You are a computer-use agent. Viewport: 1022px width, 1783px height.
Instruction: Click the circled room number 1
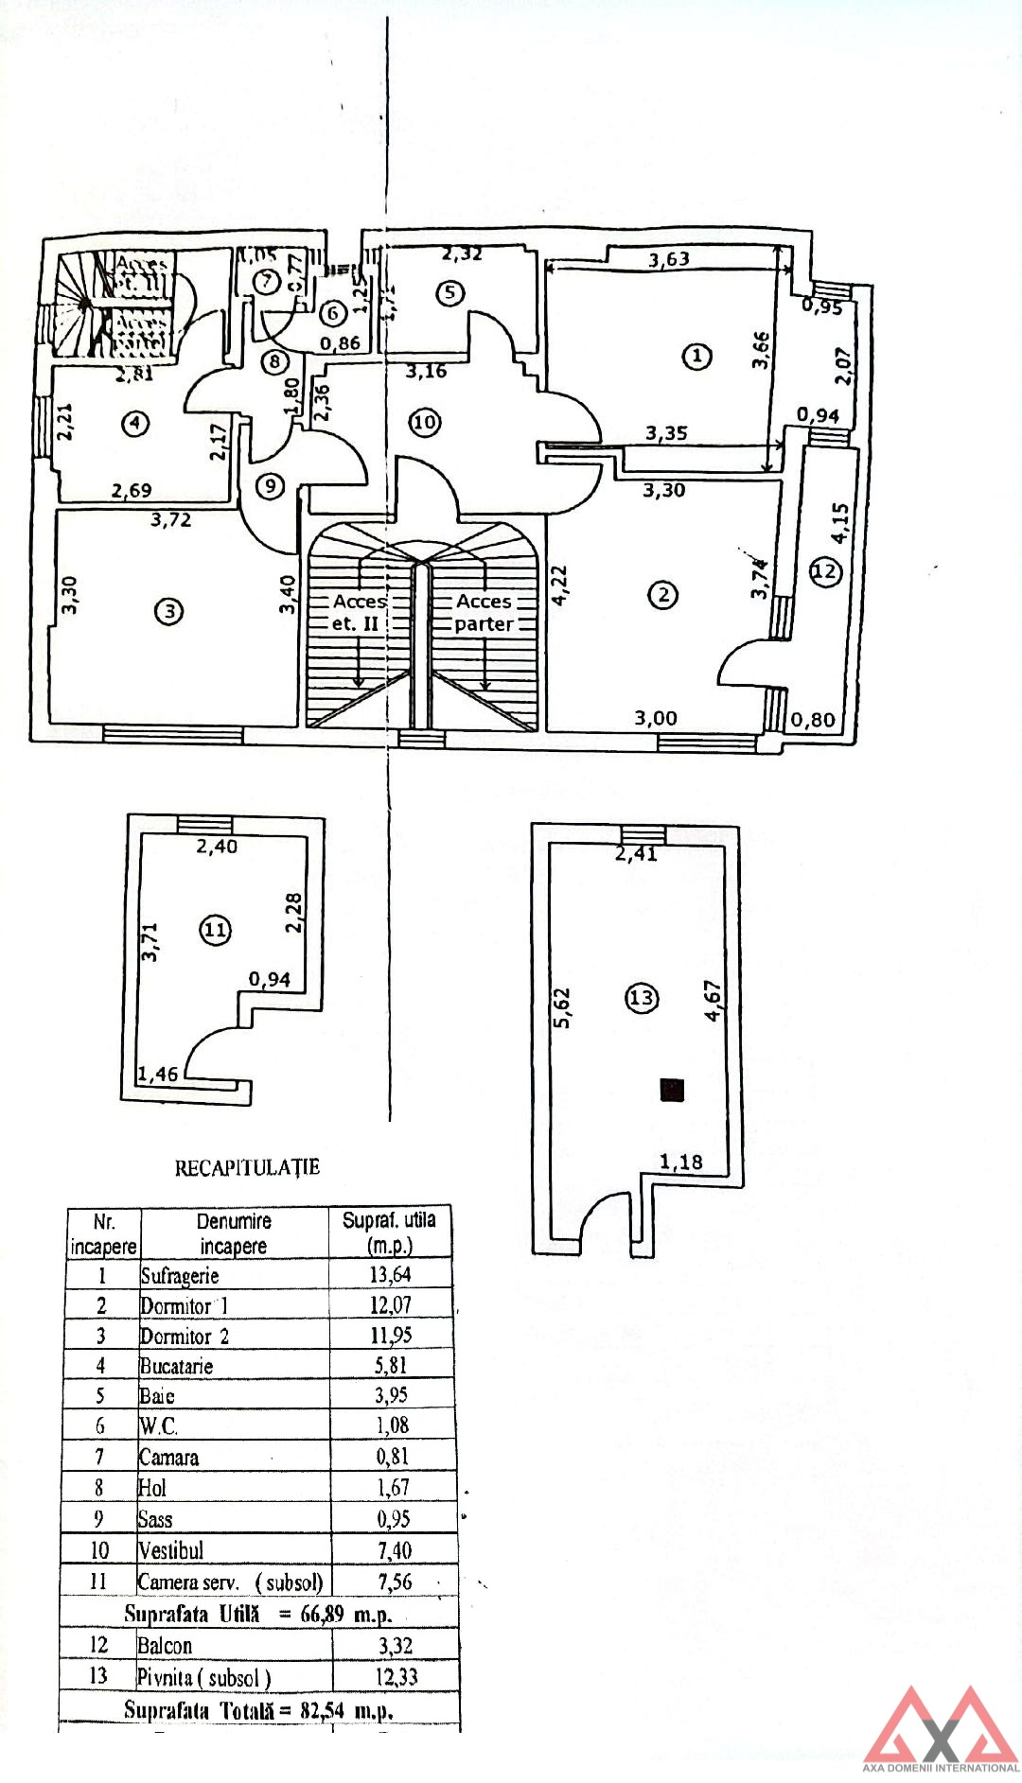(x=696, y=357)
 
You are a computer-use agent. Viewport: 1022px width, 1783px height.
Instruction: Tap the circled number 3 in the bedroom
(x=168, y=612)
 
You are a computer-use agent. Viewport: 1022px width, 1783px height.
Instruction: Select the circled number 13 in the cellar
(x=642, y=998)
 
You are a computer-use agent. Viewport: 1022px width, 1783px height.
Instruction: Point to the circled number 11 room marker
(x=216, y=930)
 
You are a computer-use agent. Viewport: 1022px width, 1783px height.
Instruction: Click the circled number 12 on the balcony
(x=825, y=571)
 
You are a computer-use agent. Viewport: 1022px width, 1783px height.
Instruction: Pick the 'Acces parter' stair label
(x=484, y=613)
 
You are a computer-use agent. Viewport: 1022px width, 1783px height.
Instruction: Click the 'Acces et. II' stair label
(x=359, y=613)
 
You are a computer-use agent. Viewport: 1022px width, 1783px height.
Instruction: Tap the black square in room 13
(x=672, y=1090)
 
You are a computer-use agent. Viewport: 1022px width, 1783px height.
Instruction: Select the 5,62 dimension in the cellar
(x=562, y=1008)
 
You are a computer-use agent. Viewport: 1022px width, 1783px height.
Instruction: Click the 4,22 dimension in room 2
(x=559, y=586)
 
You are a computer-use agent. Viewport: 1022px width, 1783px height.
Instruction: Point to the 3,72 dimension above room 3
(x=171, y=519)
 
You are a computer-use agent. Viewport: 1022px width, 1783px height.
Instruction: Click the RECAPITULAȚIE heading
(x=247, y=1167)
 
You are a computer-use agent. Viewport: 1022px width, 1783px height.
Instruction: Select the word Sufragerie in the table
(x=180, y=1275)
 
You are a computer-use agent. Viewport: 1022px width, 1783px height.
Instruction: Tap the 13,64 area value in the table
(x=390, y=1274)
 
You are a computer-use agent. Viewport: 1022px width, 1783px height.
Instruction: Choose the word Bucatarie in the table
(x=176, y=1366)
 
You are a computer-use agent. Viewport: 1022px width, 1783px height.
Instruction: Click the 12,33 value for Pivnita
(x=397, y=1677)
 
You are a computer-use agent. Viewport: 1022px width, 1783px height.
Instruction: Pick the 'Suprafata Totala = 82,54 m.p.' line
(x=258, y=1710)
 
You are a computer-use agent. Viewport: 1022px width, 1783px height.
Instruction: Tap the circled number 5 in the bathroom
(x=449, y=293)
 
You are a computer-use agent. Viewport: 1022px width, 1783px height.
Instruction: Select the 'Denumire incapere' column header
(x=234, y=1233)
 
